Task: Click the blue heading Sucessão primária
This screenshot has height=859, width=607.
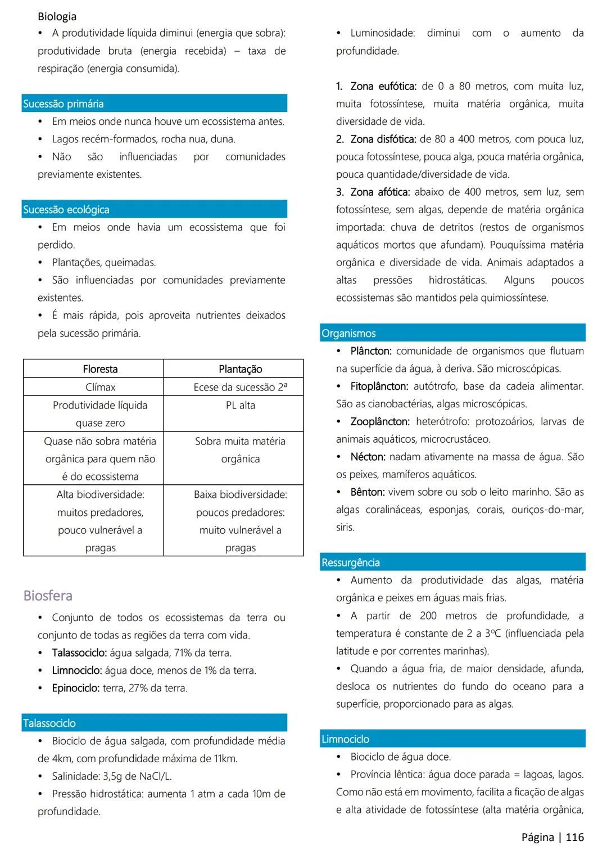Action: pyautogui.click(x=64, y=104)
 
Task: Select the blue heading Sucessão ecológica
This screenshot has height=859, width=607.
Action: pyautogui.click(x=66, y=210)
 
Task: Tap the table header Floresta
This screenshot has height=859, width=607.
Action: pyautogui.click(x=100, y=369)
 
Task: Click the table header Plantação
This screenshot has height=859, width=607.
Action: pyautogui.click(x=240, y=369)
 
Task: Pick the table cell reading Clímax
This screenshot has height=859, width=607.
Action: pyautogui.click(x=100, y=387)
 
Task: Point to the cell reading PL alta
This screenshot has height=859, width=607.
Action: pyautogui.click(x=240, y=405)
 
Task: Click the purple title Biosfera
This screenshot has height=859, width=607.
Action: pyautogui.click(x=48, y=596)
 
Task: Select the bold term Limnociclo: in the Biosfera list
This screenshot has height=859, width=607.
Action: pyautogui.click(x=77, y=671)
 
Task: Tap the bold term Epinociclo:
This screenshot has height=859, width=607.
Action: pyautogui.click(x=76, y=688)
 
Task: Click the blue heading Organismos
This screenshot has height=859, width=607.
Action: pyautogui.click(x=348, y=333)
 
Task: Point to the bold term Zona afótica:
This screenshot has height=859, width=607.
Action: pyautogui.click(x=380, y=192)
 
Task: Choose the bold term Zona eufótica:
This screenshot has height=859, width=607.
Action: pyautogui.click(x=383, y=86)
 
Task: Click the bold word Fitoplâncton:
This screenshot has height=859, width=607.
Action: pyautogui.click(x=379, y=386)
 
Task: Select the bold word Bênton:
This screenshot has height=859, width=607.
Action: pyautogui.click(x=368, y=492)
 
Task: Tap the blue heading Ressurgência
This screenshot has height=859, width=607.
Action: pyautogui.click(x=351, y=563)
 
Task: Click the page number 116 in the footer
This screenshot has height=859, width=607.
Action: pyautogui.click(x=574, y=838)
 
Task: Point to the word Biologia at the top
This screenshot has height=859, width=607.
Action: pyautogui.click(x=57, y=16)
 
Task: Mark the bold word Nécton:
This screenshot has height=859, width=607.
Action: pyautogui.click(x=368, y=457)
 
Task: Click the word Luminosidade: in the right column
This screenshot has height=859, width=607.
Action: pyautogui.click(x=383, y=33)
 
